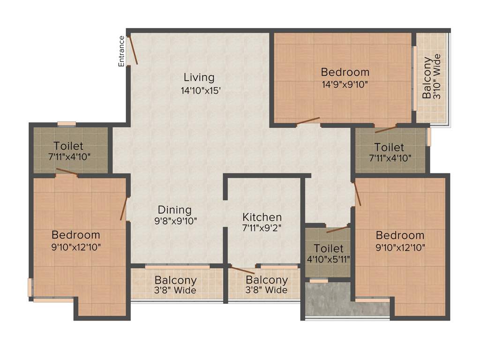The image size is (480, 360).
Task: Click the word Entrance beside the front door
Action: click(x=121, y=51)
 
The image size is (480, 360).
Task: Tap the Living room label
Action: click(x=199, y=77)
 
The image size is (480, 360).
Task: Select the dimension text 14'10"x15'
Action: click(x=201, y=90)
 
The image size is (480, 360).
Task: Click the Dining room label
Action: click(x=174, y=210)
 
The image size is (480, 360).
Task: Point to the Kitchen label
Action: click(x=262, y=217)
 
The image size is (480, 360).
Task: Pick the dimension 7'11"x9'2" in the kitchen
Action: click(x=262, y=229)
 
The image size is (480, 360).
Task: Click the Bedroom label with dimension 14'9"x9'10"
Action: click(x=345, y=72)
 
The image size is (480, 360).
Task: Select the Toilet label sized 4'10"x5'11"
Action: click(x=329, y=248)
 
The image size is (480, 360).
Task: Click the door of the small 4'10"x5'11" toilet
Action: click(x=338, y=229)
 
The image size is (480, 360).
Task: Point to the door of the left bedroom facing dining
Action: click(x=124, y=209)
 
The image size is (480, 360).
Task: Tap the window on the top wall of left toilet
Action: click(x=67, y=124)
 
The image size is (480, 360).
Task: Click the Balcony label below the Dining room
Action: click(x=175, y=280)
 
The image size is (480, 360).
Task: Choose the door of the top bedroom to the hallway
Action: click(x=308, y=121)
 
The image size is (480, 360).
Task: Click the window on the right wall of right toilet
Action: click(x=428, y=136)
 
